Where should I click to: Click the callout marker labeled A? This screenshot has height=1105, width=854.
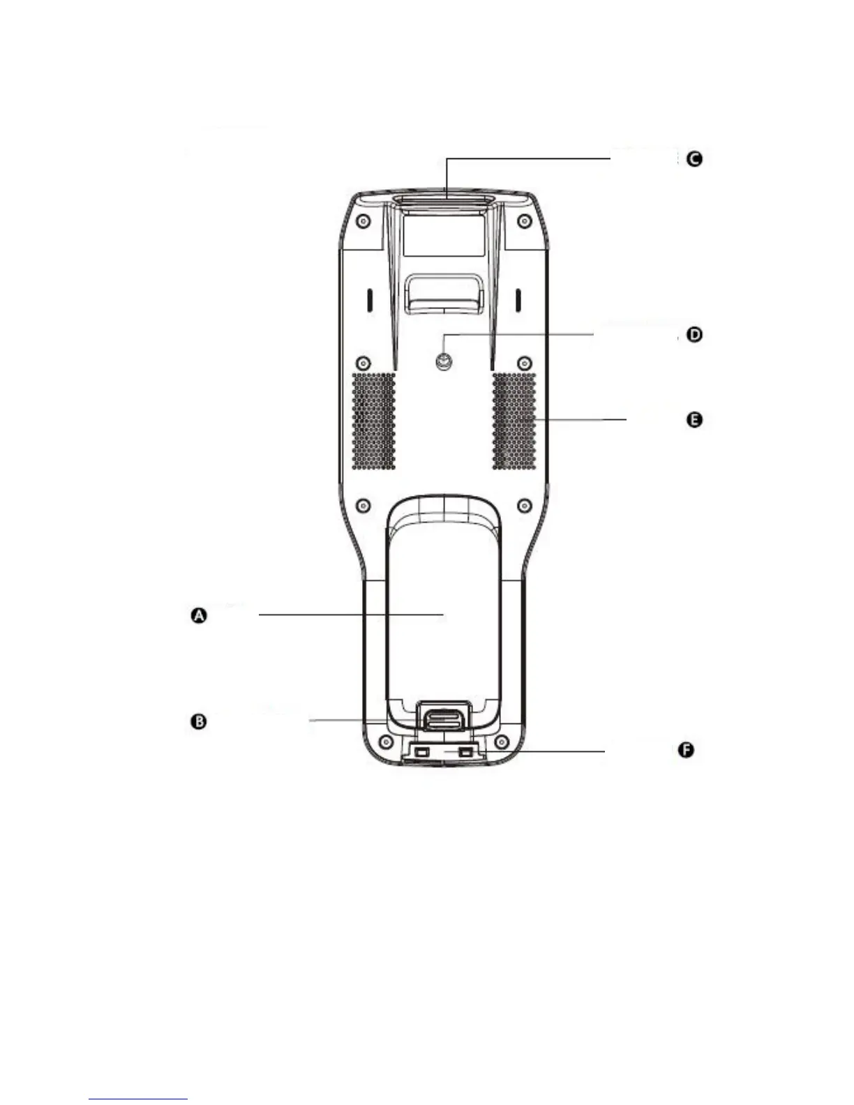tap(199, 616)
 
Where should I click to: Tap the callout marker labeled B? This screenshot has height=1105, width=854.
tap(199, 721)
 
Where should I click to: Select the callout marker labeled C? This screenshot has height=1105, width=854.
tap(694, 159)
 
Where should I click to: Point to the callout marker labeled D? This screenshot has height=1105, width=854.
tap(694, 335)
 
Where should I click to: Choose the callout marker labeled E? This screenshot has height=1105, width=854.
tap(694, 420)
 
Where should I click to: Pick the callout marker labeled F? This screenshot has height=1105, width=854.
tap(687, 751)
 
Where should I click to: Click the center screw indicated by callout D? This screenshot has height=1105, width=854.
tap(443, 361)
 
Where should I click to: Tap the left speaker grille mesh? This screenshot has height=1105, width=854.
tap(373, 421)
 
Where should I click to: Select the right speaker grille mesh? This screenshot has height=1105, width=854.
tap(514, 421)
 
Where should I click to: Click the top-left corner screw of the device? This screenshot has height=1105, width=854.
tap(362, 222)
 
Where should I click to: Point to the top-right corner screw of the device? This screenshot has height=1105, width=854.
tap(525, 222)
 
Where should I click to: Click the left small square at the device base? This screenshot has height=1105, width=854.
tap(420, 753)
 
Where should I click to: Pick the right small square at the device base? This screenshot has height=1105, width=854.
tap(465, 753)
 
